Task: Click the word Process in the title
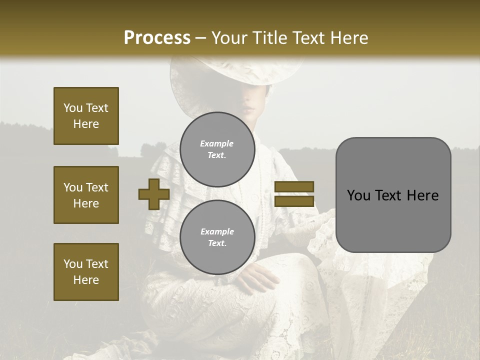(157, 37)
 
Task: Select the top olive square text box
(86, 116)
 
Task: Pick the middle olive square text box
(86, 195)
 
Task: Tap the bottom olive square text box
(86, 272)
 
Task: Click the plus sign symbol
(154, 194)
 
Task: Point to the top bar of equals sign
(294, 187)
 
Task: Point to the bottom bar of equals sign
(294, 201)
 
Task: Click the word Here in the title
(349, 37)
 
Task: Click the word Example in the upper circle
(216, 143)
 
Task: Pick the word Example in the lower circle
(217, 231)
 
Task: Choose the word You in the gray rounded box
(358, 195)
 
